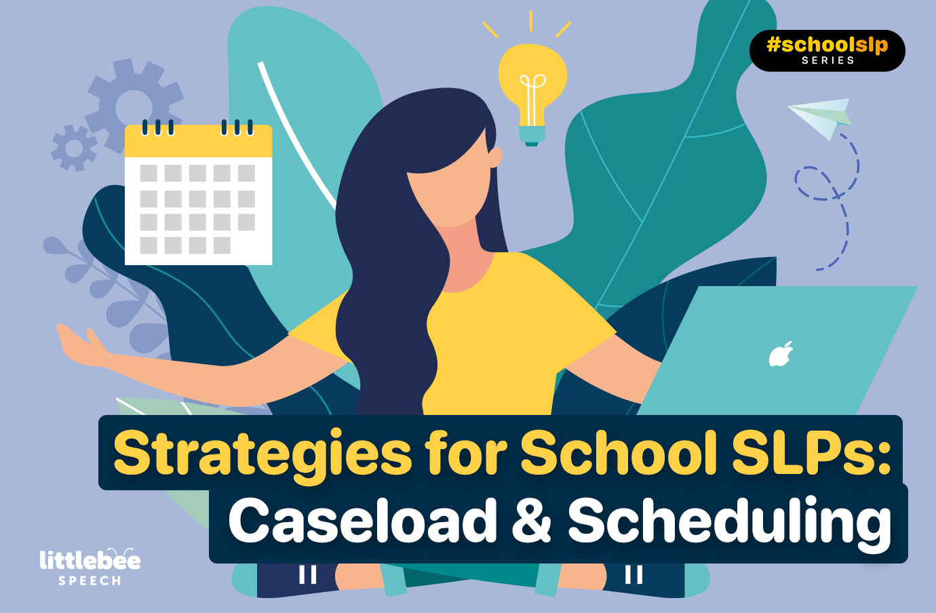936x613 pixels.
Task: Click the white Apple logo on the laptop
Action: tap(781, 355)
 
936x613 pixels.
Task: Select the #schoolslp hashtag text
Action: tap(827, 45)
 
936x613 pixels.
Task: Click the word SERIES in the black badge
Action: tap(827, 60)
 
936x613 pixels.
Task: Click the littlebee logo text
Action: tap(90, 559)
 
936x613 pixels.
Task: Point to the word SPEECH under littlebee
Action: tap(90, 581)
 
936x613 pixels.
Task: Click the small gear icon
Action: tap(75, 148)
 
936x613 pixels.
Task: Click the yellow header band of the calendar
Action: tap(199, 141)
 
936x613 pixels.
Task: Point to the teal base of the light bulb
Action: tap(532, 136)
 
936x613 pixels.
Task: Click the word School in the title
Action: tap(619, 454)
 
